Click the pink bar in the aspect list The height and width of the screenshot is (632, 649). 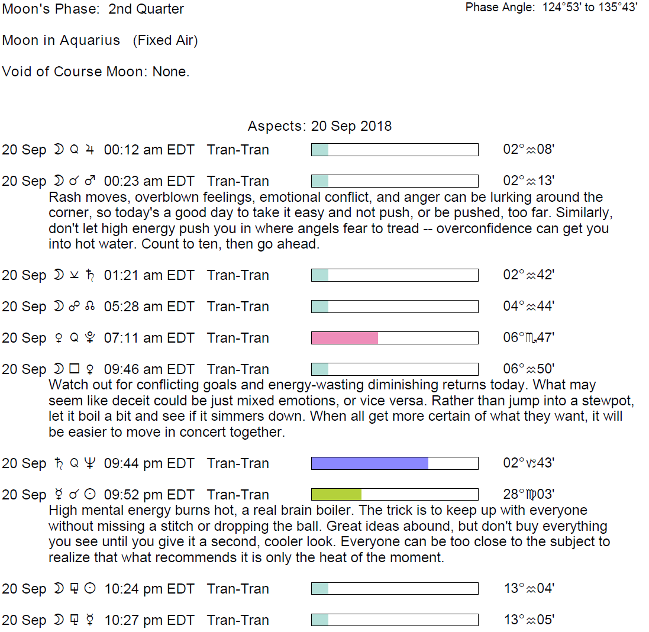pyautogui.click(x=344, y=338)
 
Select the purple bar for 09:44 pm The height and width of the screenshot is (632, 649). pyautogui.click(x=369, y=463)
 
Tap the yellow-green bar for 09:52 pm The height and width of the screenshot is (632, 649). pyautogui.click(x=336, y=495)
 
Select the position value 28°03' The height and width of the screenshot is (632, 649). pyautogui.click(x=528, y=495)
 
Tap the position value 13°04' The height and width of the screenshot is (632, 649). pyautogui.click(x=528, y=589)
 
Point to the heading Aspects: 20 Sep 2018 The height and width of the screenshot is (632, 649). pyautogui.click(x=319, y=126)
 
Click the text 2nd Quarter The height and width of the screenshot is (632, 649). pyautogui.click(x=146, y=9)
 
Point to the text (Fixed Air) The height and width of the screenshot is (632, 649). pyautogui.click(x=165, y=41)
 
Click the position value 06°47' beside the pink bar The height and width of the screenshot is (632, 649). pyautogui.click(x=528, y=338)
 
